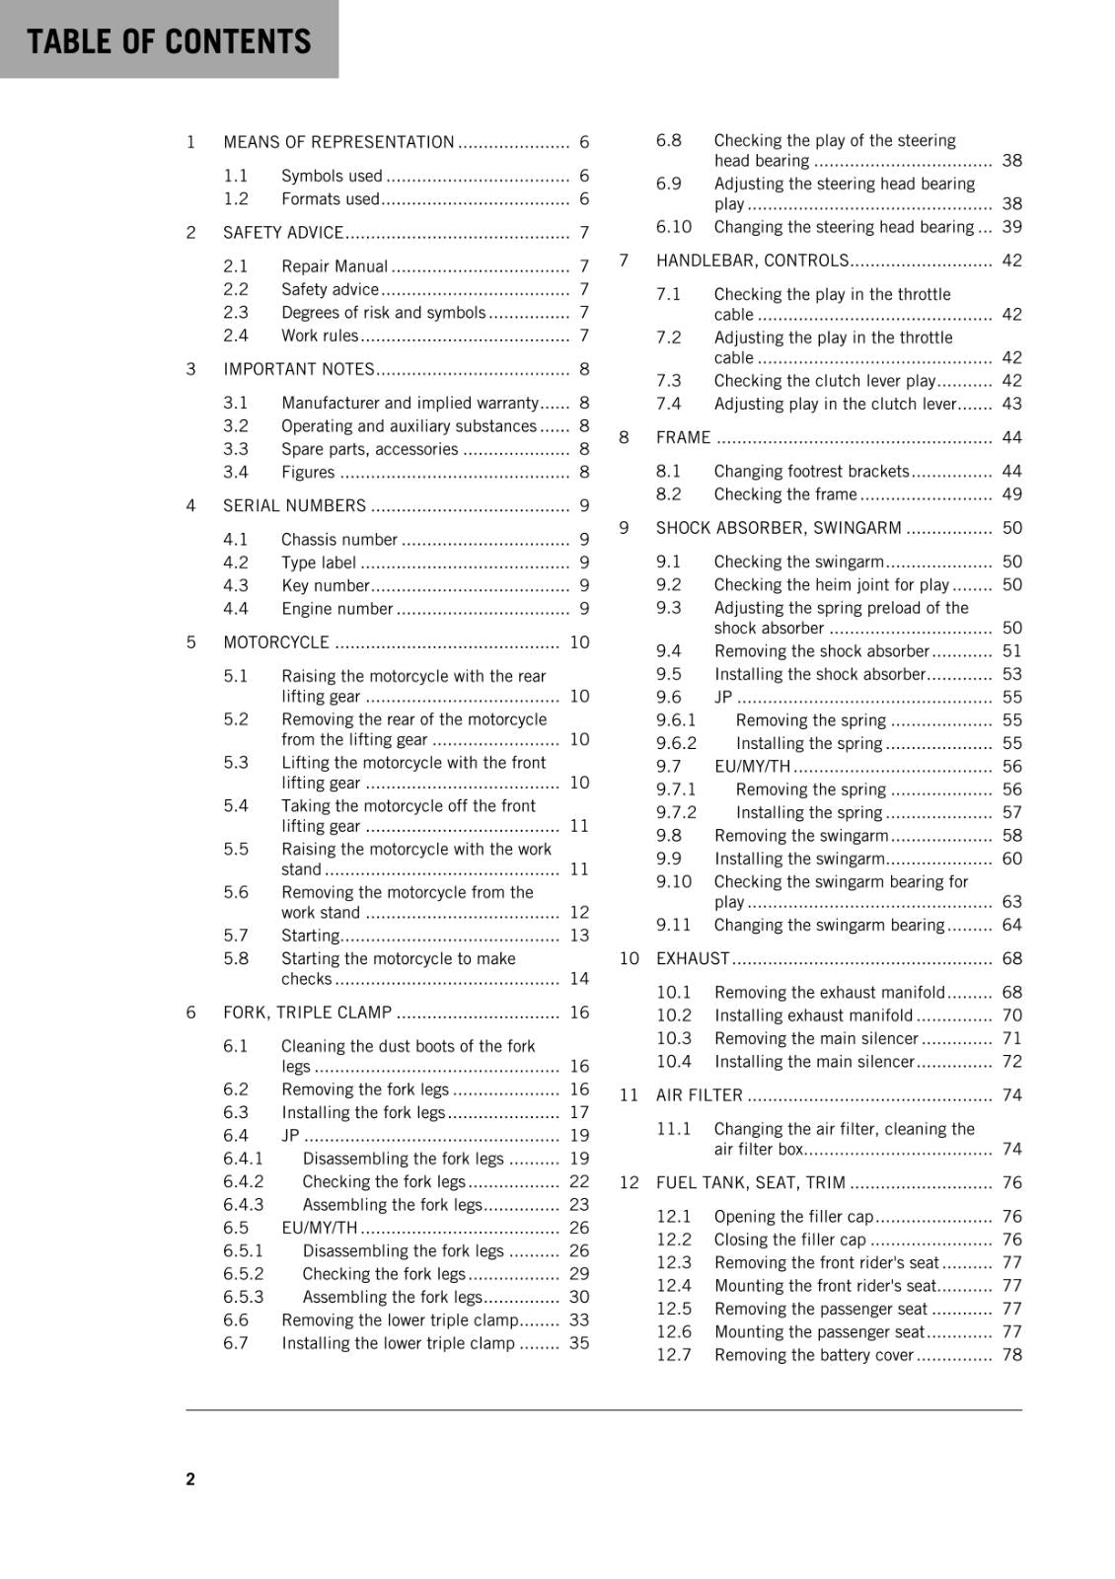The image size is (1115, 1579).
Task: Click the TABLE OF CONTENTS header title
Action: click(x=169, y=41)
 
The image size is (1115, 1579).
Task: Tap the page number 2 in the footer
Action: click(x=190, y=1478)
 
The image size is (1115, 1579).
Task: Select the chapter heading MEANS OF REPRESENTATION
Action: click(x=338, y=142)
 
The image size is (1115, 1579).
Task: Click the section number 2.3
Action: click(x=236, y=313)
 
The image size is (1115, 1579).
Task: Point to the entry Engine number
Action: click(x=337, y=609)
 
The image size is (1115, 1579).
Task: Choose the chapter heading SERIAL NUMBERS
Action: click(x=294, y=506)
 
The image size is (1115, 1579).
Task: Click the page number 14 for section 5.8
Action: click(x=579, y=979)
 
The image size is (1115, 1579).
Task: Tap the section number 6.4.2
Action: click(x=244, y=1182)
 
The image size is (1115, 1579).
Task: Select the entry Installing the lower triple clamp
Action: click(x=398, y=1343)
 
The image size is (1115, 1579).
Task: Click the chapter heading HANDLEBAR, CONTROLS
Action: click(x=752, y=261)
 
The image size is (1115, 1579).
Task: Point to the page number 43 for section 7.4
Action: click(x=1012, y=404)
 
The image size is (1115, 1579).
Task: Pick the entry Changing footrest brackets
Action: click(x=811, y=472)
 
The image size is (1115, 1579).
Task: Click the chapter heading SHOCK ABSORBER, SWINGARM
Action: click(x=779, y=528)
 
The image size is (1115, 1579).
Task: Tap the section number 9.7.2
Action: click(x=676, y=812)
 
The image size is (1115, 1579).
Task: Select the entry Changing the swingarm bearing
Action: click(x=829, y=925)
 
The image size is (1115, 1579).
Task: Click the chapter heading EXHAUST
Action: click(x=693, y=958)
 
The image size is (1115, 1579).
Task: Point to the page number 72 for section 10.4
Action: click(x=1012, y=1062)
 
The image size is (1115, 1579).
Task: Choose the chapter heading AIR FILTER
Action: click(x=700, y=1095)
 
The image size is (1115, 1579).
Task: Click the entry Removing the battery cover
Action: click(x=814, y=1355)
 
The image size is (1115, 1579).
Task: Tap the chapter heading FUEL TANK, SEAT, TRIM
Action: click(x=750, y=1183)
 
